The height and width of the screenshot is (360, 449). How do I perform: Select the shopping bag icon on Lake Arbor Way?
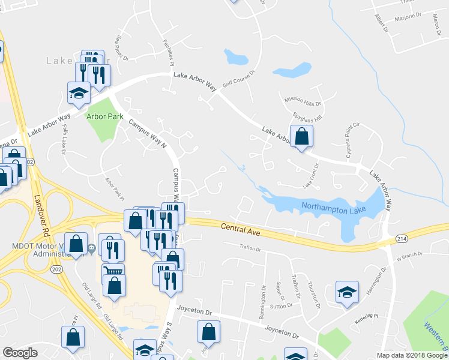pyautogui.click(x=301, y=137)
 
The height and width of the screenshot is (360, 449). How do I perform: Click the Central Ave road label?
pyautogui.click(x=240, y=228)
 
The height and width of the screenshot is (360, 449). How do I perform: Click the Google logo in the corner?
pyautogui.click(x=20, y=353)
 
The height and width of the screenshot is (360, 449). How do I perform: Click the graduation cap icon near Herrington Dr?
pyautogui.click(x=347, y=293)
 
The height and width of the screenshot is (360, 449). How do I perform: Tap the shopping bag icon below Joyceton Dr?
pyautogui.click(x=208, y=332)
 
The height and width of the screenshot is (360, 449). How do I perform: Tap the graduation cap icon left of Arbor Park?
pyautogui.click(x=79, y=94)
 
